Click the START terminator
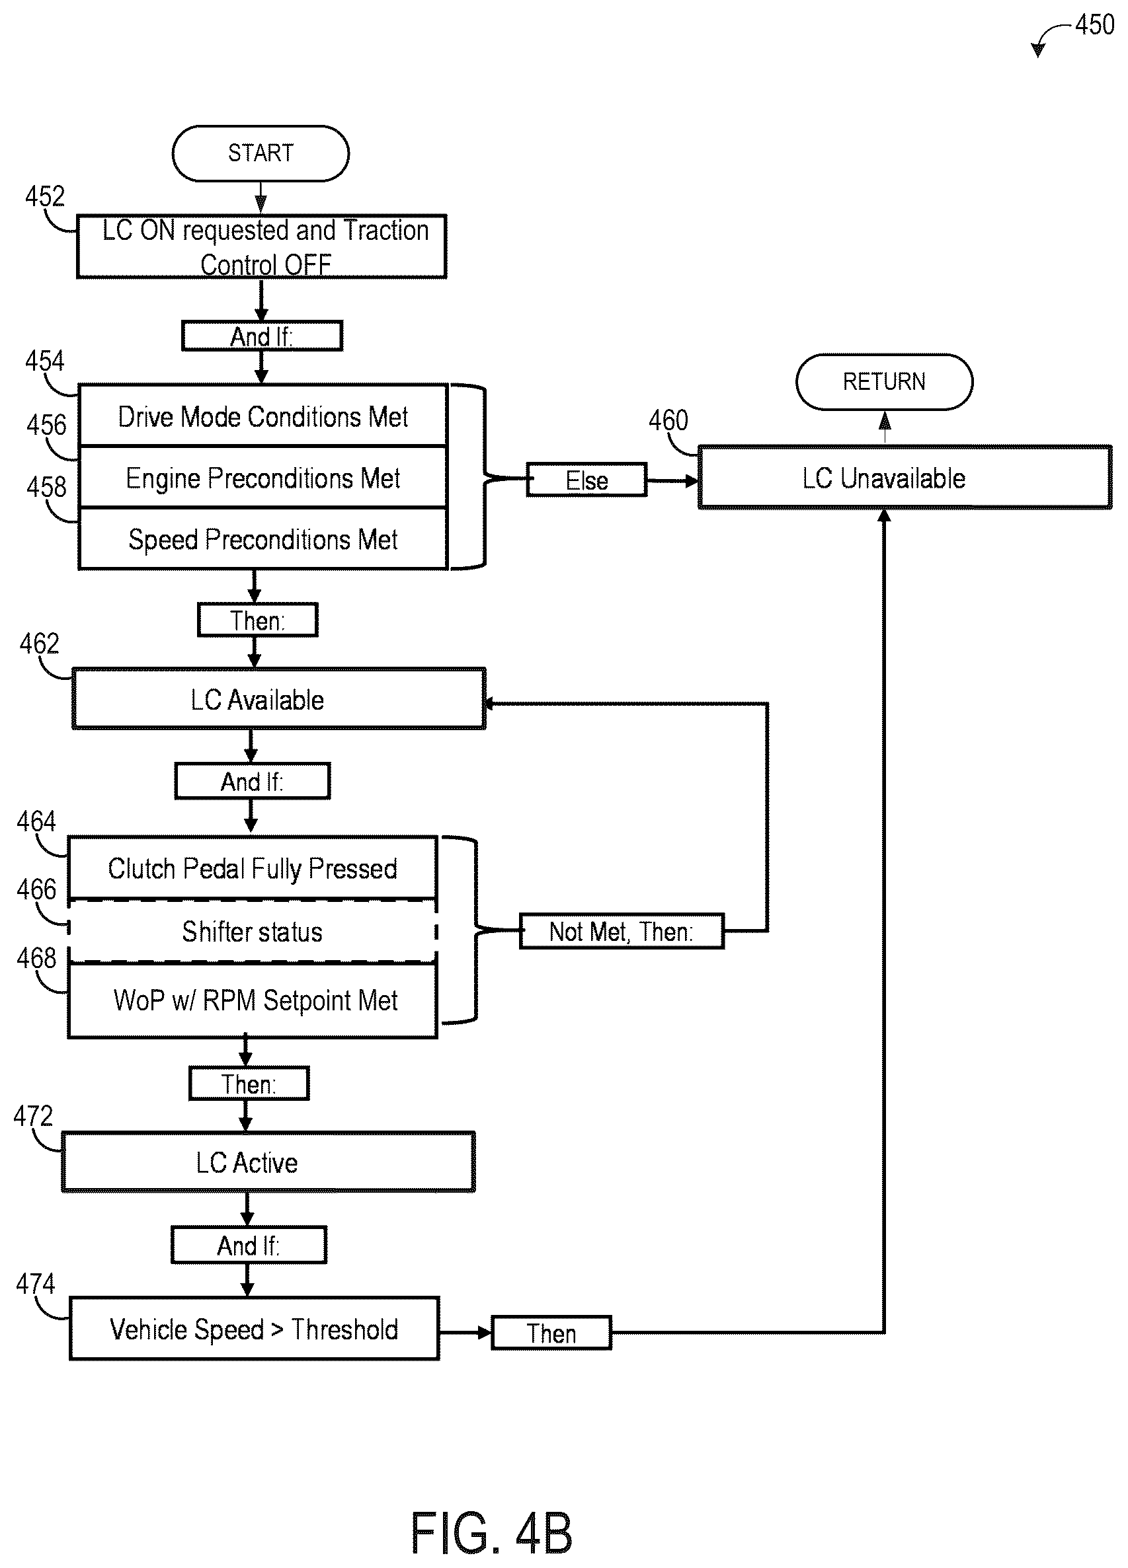261,153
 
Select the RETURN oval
885,382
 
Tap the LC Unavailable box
905,478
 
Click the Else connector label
586,480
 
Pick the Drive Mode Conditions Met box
262,416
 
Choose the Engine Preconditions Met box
262,478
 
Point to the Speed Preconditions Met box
262,539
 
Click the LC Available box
279,698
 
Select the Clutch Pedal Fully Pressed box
253,868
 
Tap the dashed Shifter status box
253,931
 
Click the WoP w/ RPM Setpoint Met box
253,1000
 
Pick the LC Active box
268,1162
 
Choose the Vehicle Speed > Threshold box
255,1328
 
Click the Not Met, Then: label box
622,931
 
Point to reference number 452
45,196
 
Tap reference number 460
668,420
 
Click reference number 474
35,1284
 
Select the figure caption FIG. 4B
492,1534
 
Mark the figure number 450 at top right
1095,25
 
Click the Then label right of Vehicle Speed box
551,1333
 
